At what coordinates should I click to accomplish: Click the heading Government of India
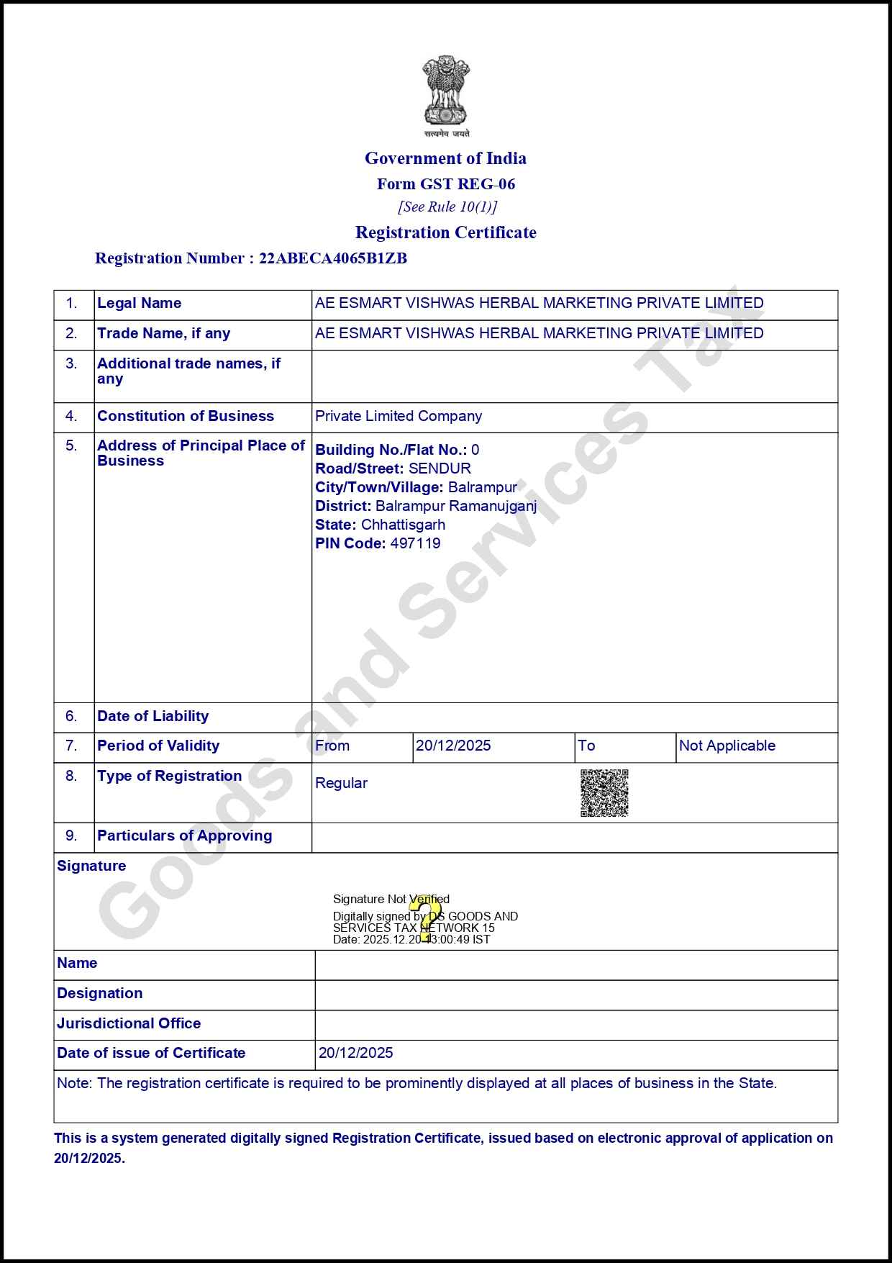pos(445,158)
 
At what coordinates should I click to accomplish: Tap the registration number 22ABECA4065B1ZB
pos(333,258)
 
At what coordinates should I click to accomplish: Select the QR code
pos(604,793)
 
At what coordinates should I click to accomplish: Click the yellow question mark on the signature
pos(427,918)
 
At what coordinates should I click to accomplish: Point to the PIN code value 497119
pos(415,543)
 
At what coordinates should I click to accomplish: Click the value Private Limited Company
pos(399,416)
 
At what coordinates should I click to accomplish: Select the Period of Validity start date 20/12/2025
pos(453,746)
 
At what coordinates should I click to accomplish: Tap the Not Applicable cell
pos(727,746)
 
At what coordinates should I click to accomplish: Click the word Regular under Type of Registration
pos(341,783)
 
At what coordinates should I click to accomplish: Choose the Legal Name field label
pos(140,303)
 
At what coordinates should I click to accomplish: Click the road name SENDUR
pos(440,468)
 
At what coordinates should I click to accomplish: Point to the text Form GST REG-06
pos(446,184)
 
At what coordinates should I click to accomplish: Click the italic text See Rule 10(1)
pos(447,207)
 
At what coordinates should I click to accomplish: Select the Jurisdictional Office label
pos(129,1023)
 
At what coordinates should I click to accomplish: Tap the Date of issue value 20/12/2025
pos(356,1053)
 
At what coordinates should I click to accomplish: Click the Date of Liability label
pos(153,716)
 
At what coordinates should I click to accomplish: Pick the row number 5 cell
pos(72,445)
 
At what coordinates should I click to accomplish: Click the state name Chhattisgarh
pos(403,525)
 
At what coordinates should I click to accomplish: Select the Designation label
pos(100,993)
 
